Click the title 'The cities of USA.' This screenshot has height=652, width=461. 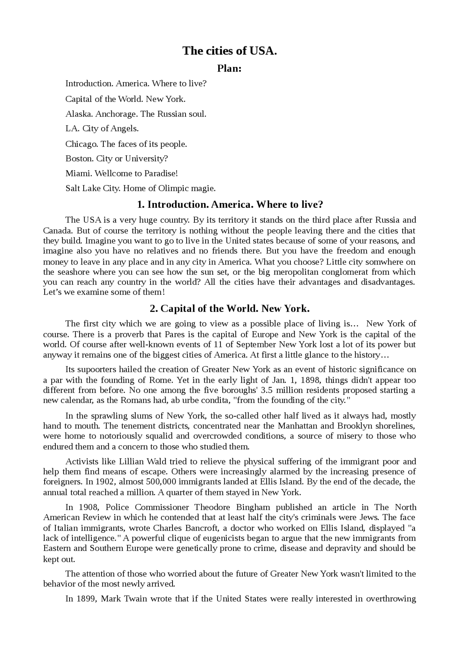pos(229,51)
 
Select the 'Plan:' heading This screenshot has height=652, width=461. pos(229,68)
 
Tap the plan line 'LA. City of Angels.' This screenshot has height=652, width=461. pos(102,129)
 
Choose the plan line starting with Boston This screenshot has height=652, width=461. pos(117,158)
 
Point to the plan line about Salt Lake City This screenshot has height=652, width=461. pos(140,188)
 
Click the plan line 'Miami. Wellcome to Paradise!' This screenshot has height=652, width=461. pos(122,174)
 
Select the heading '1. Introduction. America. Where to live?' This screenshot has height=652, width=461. pos(230,204)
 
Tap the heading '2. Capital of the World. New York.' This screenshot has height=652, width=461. pos(230,309)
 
